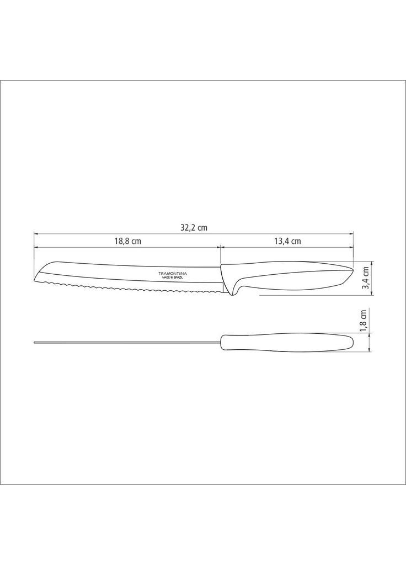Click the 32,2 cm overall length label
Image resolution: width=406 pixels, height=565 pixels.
coord(194,228)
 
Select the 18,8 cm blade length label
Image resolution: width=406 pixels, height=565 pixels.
coord(128,241)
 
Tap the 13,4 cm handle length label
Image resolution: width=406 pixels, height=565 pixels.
coord(287,241)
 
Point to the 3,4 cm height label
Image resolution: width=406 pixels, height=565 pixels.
coord(365,278)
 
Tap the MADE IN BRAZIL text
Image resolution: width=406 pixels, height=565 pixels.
coord(172,278)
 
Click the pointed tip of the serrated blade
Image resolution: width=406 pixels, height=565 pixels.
coord(35,280)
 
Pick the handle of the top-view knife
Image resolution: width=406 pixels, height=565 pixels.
coord(286,343)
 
